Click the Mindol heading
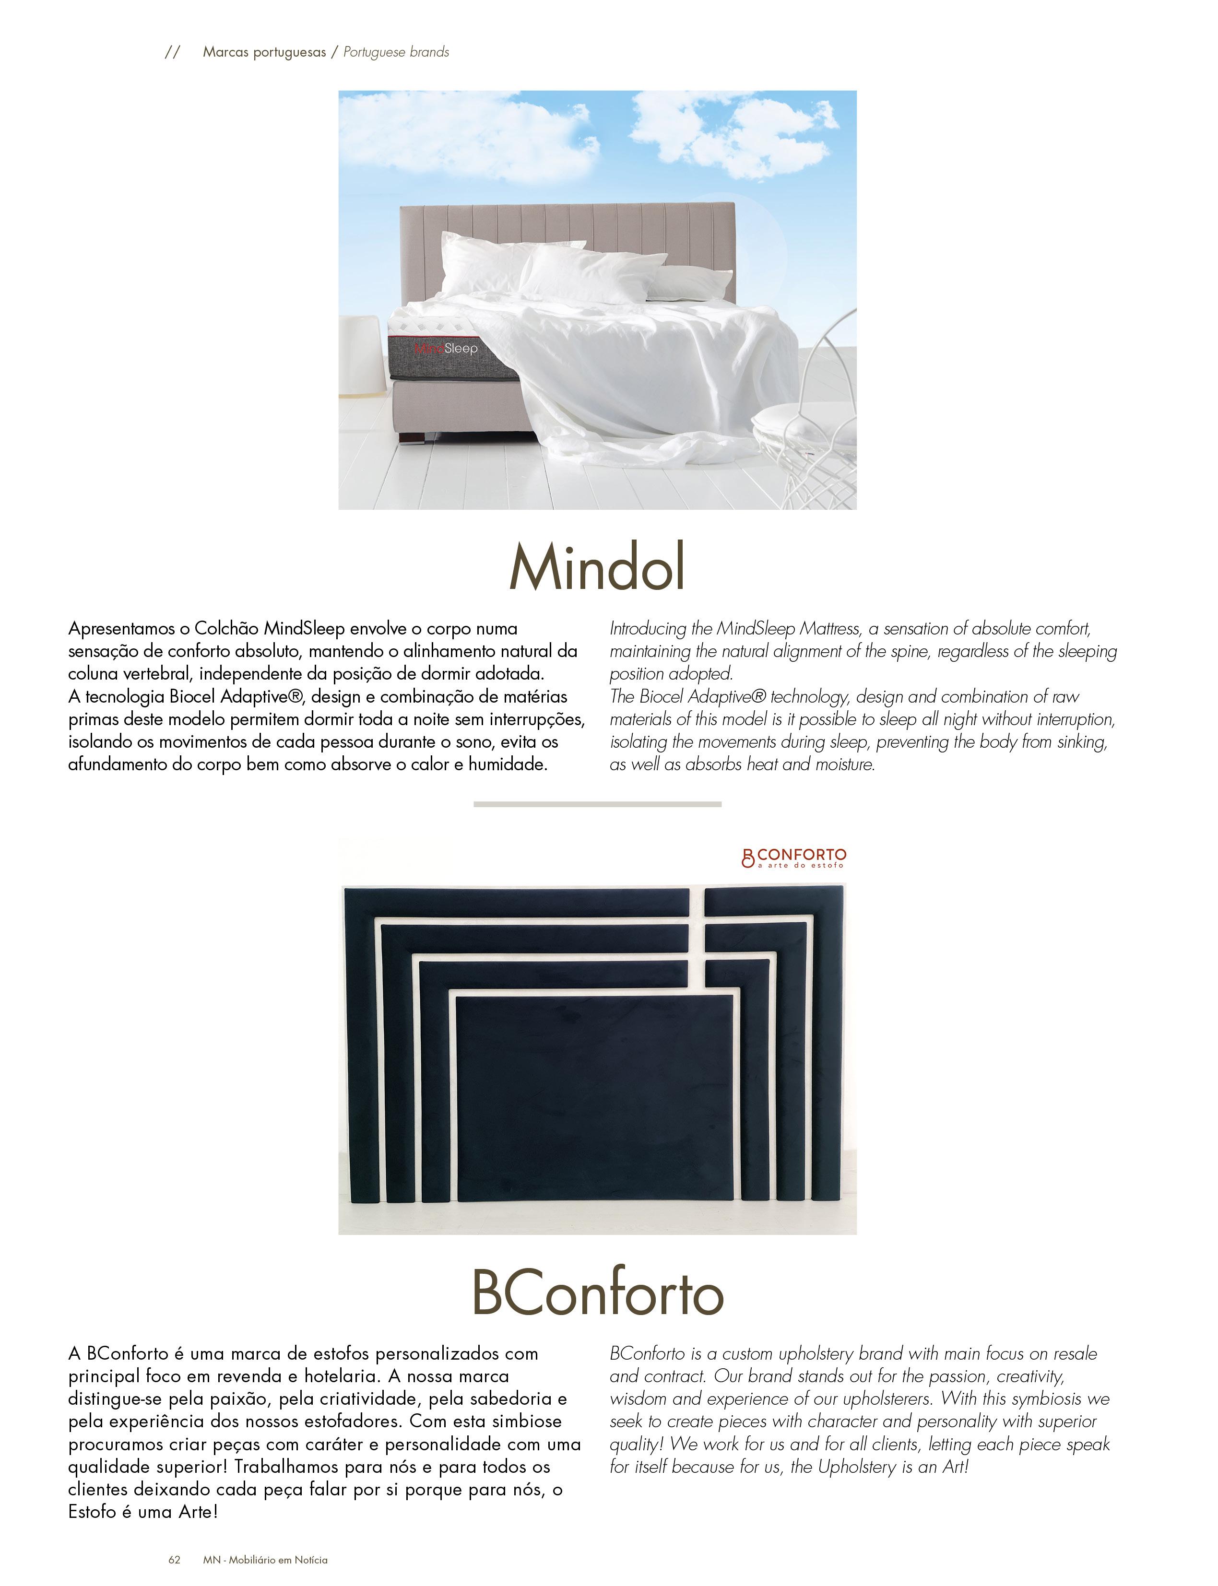coord(597,567)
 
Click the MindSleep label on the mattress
coord(446,349)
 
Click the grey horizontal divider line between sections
coord(597,804)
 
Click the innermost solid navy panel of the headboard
coord(594,1094)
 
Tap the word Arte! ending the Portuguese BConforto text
coord(198,1512)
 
